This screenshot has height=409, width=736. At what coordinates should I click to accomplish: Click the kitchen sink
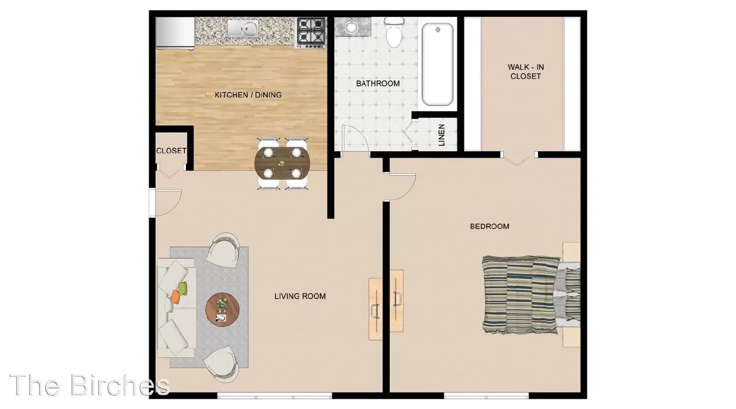(x=243, y=28)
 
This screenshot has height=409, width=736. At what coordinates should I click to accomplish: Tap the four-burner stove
(x=311, y=32)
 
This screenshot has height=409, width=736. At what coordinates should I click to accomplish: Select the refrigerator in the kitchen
(x=175, y=33)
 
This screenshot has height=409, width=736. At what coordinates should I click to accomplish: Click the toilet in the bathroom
(x=394, y=32)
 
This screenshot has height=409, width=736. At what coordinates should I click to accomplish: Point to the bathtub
(x=437, y=64)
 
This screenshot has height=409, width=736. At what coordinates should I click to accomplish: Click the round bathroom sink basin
(x=351, y=27)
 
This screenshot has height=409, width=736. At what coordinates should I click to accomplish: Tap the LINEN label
(x=442, y=135)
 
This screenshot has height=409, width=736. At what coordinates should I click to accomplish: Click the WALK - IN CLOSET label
(x=525, y=71)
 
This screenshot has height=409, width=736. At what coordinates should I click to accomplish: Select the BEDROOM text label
(x=489, y=227)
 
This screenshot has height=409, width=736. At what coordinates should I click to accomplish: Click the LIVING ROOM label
(x=300, y=296)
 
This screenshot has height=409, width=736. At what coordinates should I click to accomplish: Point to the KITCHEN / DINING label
(x=248, y=95)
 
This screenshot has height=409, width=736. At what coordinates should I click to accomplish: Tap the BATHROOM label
(x=378, y=83)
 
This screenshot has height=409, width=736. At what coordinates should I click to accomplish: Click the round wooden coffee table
(x=222, y=310)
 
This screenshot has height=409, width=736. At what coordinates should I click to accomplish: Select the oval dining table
(x=282, y=163)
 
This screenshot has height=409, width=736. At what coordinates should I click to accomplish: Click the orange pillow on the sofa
(x=176, y=297)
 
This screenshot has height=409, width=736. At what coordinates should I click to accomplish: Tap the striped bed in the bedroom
(x=531, y=295)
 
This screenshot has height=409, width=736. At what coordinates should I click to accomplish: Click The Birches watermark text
(x=90, y=385)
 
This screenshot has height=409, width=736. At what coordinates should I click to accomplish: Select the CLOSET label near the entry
(x=171, y=151)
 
